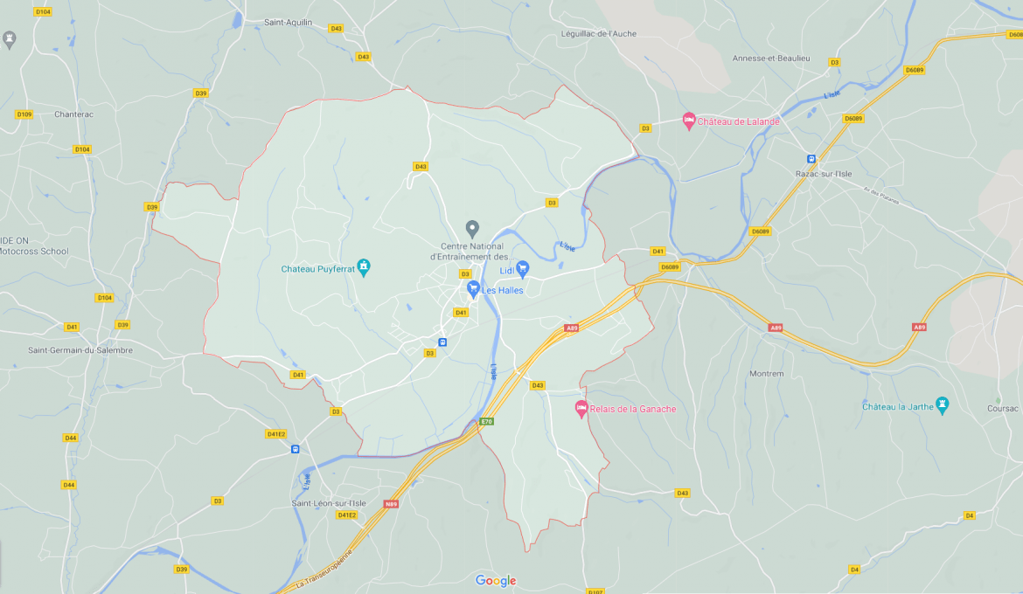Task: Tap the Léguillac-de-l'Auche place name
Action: point(599,34)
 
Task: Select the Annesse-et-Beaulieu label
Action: point(771,58)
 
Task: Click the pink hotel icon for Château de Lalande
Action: point(688,121)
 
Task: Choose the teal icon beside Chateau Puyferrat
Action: point(365,267)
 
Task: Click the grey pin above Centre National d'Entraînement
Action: point(472,229)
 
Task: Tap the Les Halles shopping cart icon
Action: point(473,288)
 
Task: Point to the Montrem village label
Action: point(766,374)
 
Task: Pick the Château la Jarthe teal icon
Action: point(942,405)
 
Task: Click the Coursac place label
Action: point(1002,408)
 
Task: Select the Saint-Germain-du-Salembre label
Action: point(80,350)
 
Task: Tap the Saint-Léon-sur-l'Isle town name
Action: point(329,503)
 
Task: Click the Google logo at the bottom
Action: point(496,581)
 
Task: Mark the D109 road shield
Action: point(24,114)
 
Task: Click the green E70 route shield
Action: point(486,422)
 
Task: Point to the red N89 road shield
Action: point(391,504)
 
